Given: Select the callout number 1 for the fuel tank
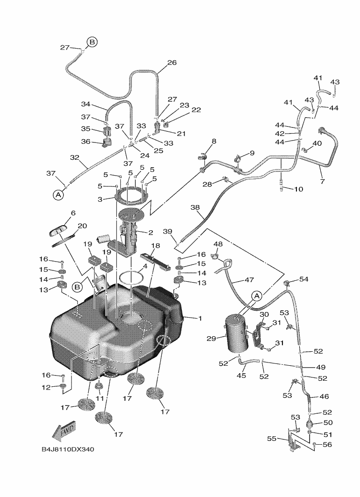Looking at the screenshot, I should (x=200, y=319).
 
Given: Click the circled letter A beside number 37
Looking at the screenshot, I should (x=58, y=195).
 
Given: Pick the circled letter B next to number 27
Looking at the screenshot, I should (x=92, y=43).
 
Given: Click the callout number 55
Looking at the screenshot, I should (x=272, y=439).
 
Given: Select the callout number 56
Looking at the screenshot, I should (x=327, y=445).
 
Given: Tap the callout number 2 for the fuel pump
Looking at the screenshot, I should (x=151, y=232).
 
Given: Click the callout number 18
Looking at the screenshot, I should (x=156, y=246).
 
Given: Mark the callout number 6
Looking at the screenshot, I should (x=73, y=213).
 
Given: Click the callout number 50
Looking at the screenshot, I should (x=328, y=422).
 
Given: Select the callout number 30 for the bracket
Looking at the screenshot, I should (x=264, y=314).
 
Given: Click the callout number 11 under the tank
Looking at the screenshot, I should (x=99, y=398).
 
